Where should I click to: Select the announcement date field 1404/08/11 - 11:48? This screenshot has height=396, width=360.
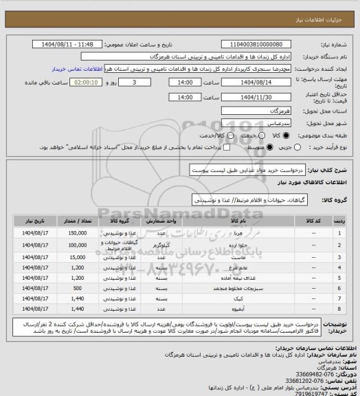point(72,44)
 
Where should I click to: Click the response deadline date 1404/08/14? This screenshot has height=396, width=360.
point(262,82)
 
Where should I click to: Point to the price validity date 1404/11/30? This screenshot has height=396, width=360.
point(262,97)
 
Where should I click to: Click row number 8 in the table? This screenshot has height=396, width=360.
point(339,310)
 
